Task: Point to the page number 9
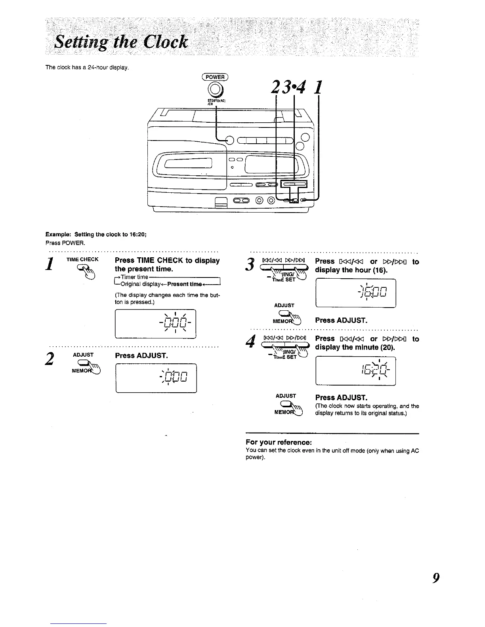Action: coord(435,578)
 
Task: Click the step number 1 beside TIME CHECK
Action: coord(50,264)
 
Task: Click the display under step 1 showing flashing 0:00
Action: coord(155,324)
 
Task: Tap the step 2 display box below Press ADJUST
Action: coord(156,378)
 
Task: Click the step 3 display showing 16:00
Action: coord(356,293)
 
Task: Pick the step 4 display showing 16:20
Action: coord(356,371)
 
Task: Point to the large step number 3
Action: coord(250,264)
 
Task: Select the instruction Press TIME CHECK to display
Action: coord(167,260)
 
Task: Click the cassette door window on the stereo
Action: coord(187,163)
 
